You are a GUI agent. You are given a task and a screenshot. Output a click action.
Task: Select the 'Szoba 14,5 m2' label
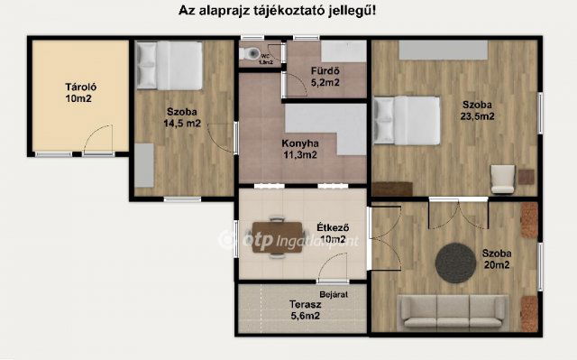pyautogui.click(x=181, y=118)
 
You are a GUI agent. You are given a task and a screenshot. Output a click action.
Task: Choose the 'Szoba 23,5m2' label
pyautogui.click(x=472, y=109)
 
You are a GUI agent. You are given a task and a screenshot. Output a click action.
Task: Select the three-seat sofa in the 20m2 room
pyautogui.click(x=451, y=311)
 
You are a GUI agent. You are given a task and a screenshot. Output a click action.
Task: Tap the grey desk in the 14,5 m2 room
pyautogui.click(x=143, y=165)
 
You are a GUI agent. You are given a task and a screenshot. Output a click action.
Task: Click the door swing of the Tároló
pyautogui.click(x=96, y=140)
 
